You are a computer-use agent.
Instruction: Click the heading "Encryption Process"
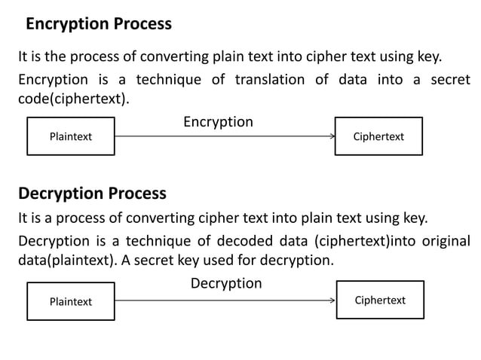tap(99, 24)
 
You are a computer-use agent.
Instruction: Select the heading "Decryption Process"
tap(92, 194)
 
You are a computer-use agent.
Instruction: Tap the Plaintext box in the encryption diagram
tap(71, 136)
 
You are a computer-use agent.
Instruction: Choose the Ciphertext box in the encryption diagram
tap(378, 136)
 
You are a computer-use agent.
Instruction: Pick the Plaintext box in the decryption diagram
tap(71, 301)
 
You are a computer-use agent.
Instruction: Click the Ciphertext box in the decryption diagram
tap(380, 301)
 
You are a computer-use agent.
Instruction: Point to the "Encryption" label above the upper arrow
tap(218, 121)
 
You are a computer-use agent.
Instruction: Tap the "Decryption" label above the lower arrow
tap(226, 284)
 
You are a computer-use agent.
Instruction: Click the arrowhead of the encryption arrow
tap(332, 136)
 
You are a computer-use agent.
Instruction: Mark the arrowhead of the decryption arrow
tap(332, 301)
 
